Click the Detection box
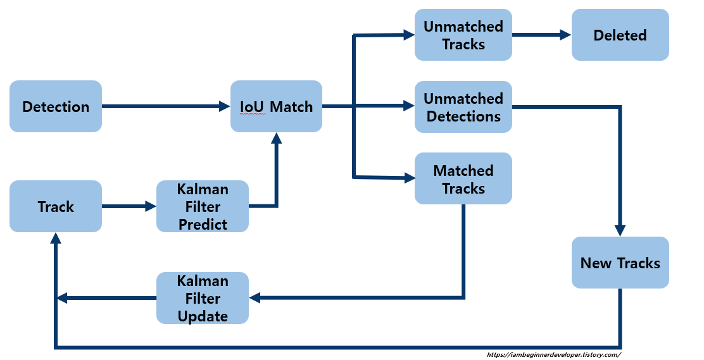[x=56, y=106]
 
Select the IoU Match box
[x=276, y=106]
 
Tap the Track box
[x=56, y=206]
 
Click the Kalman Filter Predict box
[x=203, y=206]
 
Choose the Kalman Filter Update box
[x=203, y=298]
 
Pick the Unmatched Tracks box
[x=463, y=35]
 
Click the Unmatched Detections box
[x=463, y=107]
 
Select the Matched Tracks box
[x=463, y=179]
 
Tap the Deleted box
[x=620, y=35]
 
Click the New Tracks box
[x=620, y=263]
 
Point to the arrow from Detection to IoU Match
[x=165, y=106]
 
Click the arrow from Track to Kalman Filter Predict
[x=129, y=206]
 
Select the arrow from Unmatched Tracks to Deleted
[x=541, y=35]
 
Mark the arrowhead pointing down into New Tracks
[x=620, y=231]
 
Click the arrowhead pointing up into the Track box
[x=56, y=238]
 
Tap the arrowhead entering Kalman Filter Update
[x=255, y=297]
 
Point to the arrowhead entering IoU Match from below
[x=276, y=138]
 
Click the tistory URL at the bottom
[x=553, y=355]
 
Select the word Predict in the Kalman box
[x=203, y=224]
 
